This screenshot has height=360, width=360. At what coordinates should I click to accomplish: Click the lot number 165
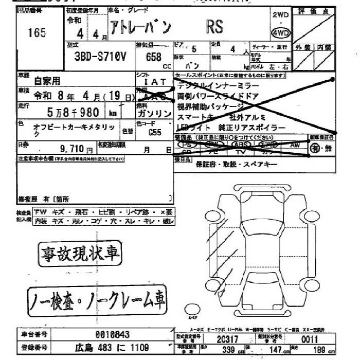tap(37, 33)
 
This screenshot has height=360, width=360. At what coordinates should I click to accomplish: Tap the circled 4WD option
tap(281, 33)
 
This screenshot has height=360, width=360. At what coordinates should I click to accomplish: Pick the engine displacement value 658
tap(154, 57)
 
